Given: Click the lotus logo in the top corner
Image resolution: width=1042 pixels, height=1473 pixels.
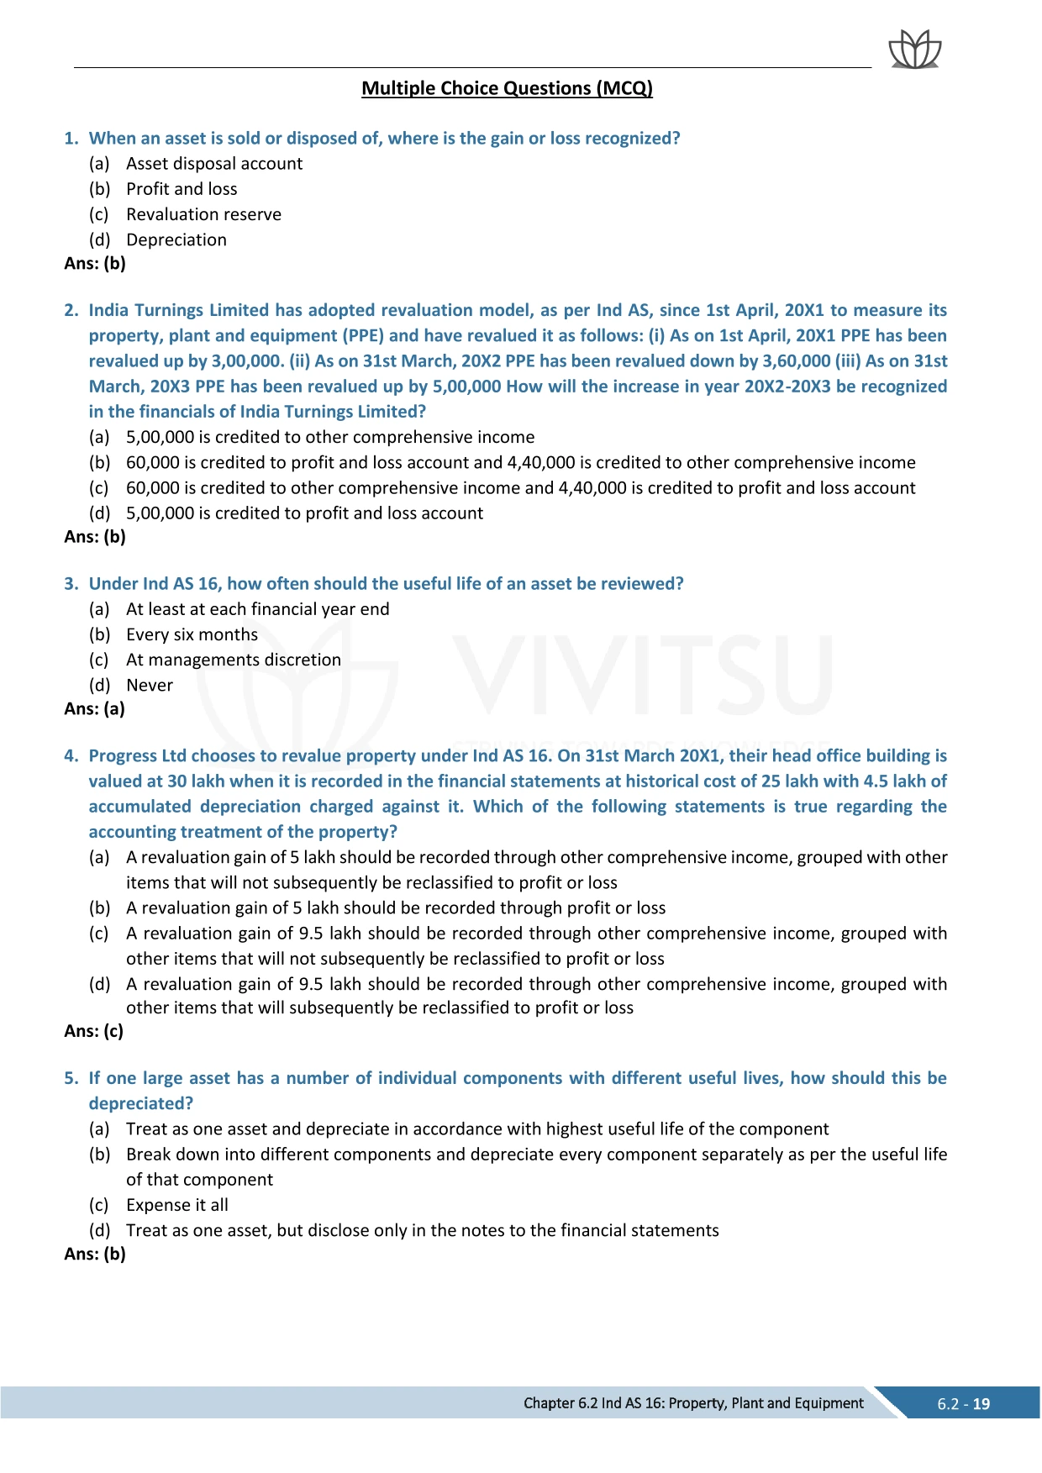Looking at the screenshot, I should (x=915, y=50).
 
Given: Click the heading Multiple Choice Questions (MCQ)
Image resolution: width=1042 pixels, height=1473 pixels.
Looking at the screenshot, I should (x=507, y=88).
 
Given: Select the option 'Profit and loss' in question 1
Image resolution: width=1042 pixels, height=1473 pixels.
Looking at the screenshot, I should (x=182, y=189).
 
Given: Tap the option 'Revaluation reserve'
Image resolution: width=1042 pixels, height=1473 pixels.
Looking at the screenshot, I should (x=203, y=214).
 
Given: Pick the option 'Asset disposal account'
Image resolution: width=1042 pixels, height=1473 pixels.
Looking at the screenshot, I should (x=214, y=164).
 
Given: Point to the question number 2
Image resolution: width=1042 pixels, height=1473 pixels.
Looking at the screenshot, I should (x=71, y=310).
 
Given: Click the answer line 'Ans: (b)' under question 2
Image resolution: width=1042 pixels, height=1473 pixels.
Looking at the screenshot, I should (x=95, y=537).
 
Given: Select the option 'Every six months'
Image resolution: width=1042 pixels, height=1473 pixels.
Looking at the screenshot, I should (x=192, y=634).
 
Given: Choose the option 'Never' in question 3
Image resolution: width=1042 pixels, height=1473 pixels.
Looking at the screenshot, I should (x=150, y=686).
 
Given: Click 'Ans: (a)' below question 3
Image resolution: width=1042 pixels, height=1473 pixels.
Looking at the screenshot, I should (x=95, y=709).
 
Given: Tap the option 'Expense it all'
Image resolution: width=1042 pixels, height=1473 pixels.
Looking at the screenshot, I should (x=177, y=1205).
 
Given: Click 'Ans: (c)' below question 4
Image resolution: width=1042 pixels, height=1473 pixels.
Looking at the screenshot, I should (x=94, y=1031).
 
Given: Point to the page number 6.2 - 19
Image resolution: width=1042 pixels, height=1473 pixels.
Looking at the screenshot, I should (x=963, y=1404).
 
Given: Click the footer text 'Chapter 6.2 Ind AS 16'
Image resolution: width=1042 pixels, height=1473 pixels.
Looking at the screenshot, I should (x=693, y=1403).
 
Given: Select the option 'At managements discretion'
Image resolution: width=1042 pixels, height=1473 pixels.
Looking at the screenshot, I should (x=234, y=660).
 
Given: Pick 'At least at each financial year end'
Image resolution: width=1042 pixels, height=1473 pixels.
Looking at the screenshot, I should (x=257, y=609).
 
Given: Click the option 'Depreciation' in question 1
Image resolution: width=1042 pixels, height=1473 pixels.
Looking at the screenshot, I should (x=176, y=240).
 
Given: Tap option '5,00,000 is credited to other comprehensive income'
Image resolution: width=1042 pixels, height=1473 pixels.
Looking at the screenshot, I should (x=330, y=437).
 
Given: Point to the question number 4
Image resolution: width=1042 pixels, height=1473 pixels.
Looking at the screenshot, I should (x=71, y=756).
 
